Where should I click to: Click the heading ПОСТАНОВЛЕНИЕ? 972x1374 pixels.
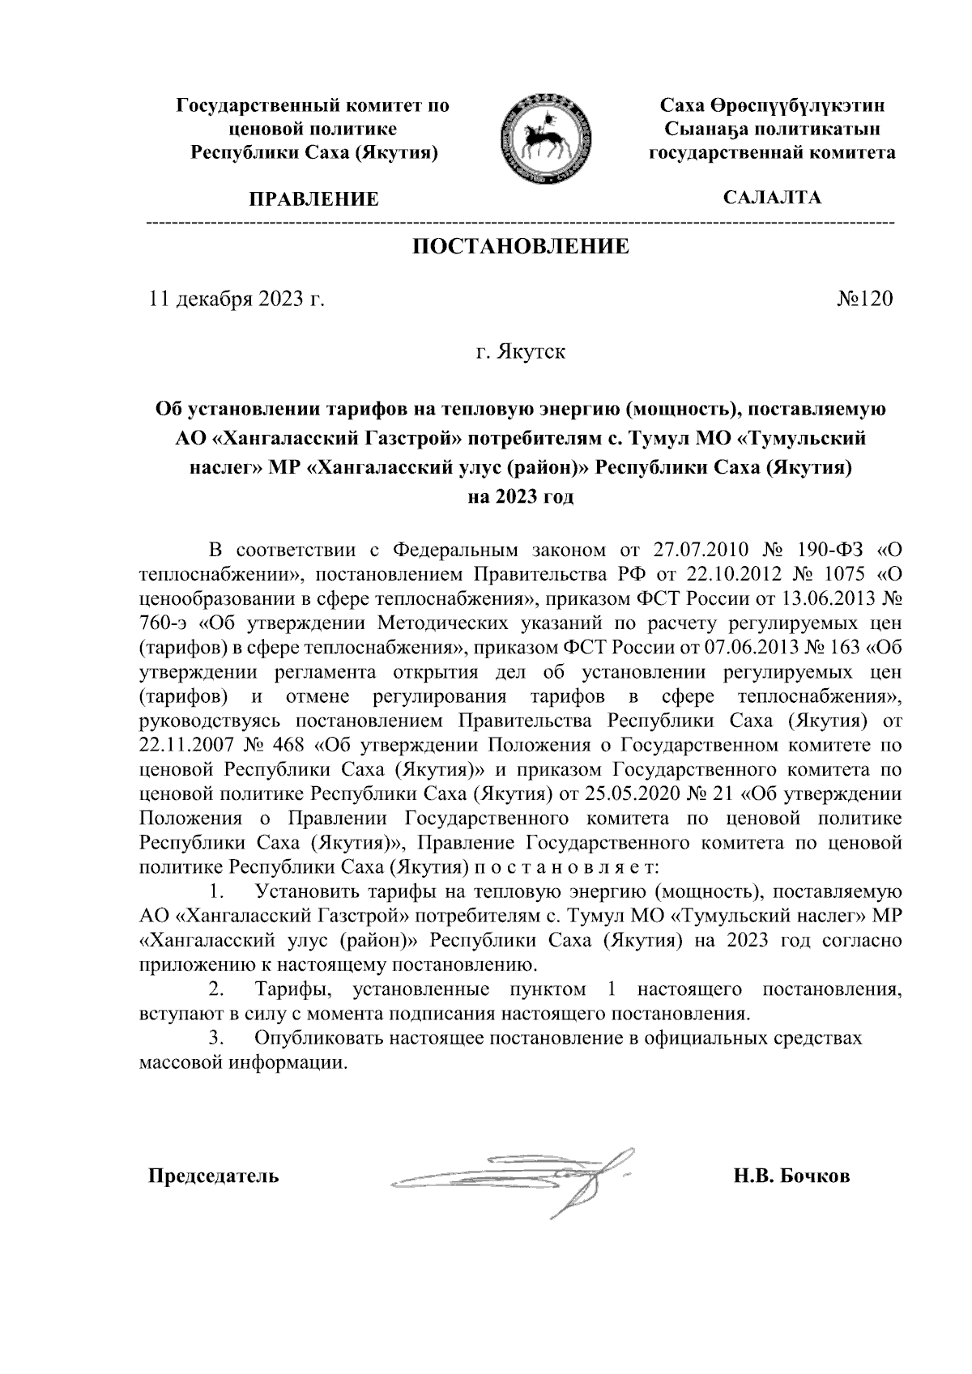pyautogui.click(x=521, y=247)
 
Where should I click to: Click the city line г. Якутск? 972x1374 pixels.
pyautogui.click(x=521, y=353)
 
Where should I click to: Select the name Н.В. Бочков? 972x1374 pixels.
pyautogui.click(x=791, y=1176)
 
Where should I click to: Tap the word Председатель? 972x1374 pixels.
pyautogui.click(x=213, y=1176)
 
